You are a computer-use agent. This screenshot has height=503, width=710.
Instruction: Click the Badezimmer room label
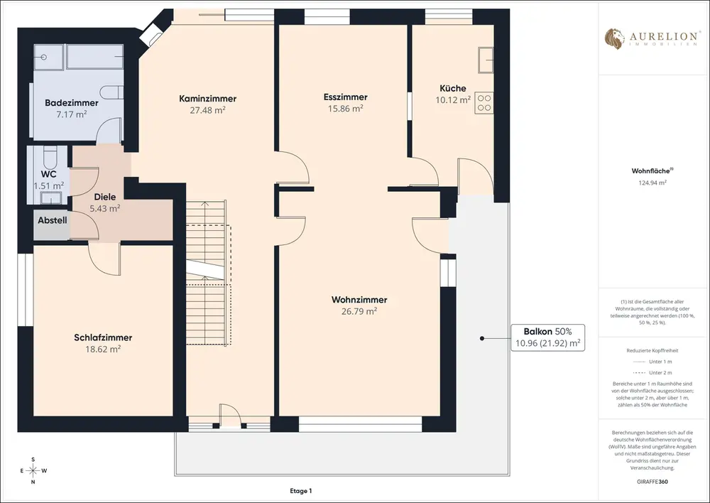click(x=72, y=103)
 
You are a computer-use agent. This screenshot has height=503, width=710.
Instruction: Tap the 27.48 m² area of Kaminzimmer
click(x=207, y=109)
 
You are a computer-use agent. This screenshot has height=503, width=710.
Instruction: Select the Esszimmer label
click(x=346, y=97)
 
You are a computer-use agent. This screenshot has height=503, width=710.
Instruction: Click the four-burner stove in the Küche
click(x=484, y=103)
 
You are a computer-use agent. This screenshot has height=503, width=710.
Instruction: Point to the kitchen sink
click(x=486, y=60)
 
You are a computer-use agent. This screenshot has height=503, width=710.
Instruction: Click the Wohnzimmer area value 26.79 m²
click(x=359, y=311)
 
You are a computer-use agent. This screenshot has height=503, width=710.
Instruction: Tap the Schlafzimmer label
click(x=103, y=337)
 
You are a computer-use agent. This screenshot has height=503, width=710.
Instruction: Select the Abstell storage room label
click(x=53, y=220)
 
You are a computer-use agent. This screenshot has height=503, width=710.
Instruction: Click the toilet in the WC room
click(x=49, y=156)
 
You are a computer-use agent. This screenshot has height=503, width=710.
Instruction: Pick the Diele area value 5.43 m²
click(x=105, y=208)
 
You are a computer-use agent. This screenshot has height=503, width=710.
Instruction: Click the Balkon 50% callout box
click(x=548, y=337)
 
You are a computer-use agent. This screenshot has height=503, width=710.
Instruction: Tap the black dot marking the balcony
click(x=482, y=338)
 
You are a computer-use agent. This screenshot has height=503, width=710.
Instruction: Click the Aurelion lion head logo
click(x=615, y=38)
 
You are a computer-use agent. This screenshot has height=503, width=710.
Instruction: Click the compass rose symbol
click(x=33, y=470)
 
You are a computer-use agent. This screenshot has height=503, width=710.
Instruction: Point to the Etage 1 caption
click(x=301, y=491)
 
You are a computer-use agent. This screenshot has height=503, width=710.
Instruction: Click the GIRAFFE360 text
click(x=649, y=482)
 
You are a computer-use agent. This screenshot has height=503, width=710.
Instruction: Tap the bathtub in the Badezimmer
click(x=95, y=57)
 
